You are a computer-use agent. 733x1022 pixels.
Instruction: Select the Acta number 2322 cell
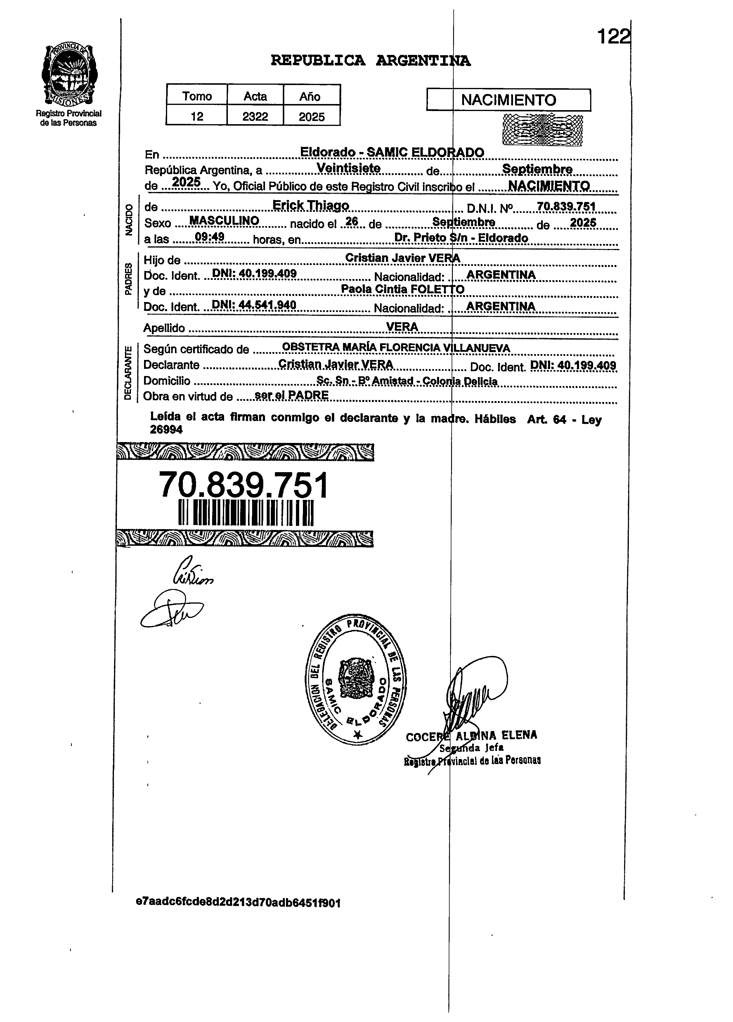coord(255,117)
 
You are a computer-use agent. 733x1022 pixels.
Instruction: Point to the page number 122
coord(612,37)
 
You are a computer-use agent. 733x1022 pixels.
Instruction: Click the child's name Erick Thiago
coord(311,205)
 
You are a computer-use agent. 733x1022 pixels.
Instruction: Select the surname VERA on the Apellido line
coord(402,326)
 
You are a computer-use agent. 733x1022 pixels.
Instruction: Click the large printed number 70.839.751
coord(244,485)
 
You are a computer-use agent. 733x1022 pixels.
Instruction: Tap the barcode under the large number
coord(246,512)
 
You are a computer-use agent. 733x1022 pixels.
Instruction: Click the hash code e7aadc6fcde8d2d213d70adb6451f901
coord(238,903)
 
